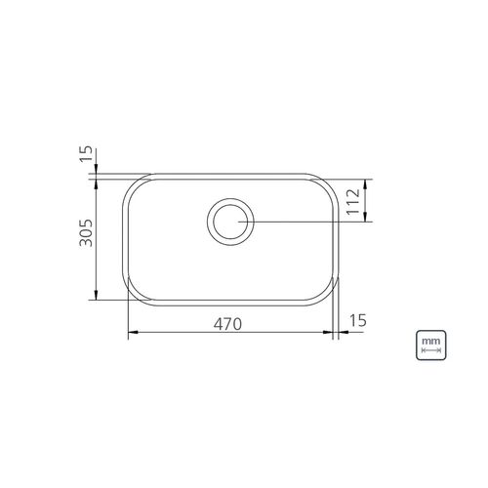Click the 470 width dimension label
(x=227, y=324)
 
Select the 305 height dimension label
(x=86, y=233)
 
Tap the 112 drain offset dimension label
(x=353, y=201)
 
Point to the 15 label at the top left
(x=86, y=154)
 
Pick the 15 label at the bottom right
(x=357, y=320)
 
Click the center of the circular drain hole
(x=230, y=222)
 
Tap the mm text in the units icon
(x=430, y=342)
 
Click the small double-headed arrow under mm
(x=430, y=350)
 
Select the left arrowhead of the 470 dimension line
(x=134, y=332)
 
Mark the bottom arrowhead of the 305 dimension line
(x=96, y=295)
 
